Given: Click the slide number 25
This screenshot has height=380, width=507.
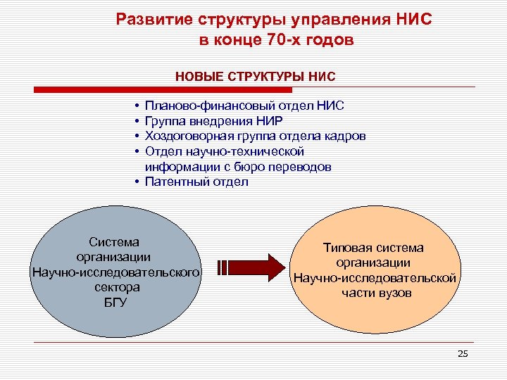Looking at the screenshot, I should tap(462, 353).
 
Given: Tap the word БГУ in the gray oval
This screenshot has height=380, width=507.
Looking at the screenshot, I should tap(115, 303).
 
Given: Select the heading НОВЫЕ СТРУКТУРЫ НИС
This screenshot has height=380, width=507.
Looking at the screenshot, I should tap(256, 75).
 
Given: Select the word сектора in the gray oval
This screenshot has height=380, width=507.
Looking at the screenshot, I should tap(115, 287).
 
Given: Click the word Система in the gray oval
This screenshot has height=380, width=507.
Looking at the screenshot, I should tap(115, 242).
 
